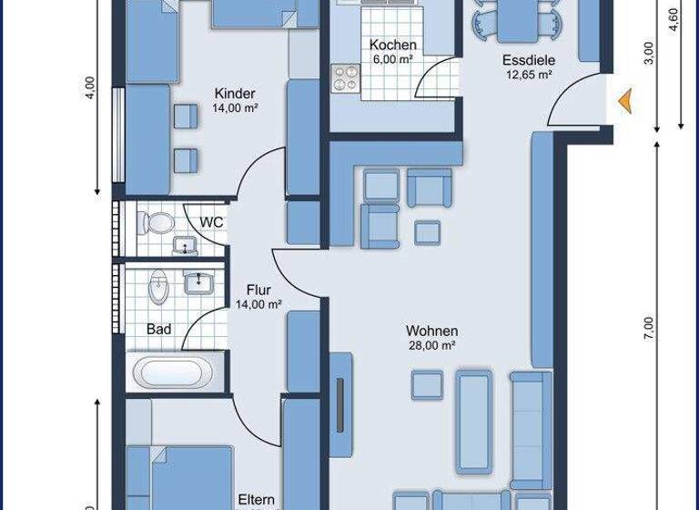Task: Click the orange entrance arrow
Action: [625, 101]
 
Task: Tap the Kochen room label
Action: [393, 45]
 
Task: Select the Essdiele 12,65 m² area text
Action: [530, 75]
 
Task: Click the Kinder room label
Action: [235, 93]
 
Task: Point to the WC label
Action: [211, 221]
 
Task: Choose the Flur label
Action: [257, 291]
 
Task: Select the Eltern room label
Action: [257, 499]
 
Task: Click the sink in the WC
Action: [185, 245]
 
